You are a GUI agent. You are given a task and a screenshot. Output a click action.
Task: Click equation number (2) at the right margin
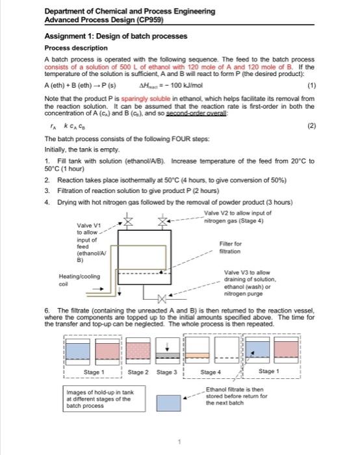[310, 128]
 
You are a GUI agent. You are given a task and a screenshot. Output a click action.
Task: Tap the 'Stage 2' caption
[137, 372]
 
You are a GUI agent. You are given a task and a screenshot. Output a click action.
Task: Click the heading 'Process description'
[76, 48]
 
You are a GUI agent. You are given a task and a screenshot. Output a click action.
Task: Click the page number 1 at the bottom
[180, 441]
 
